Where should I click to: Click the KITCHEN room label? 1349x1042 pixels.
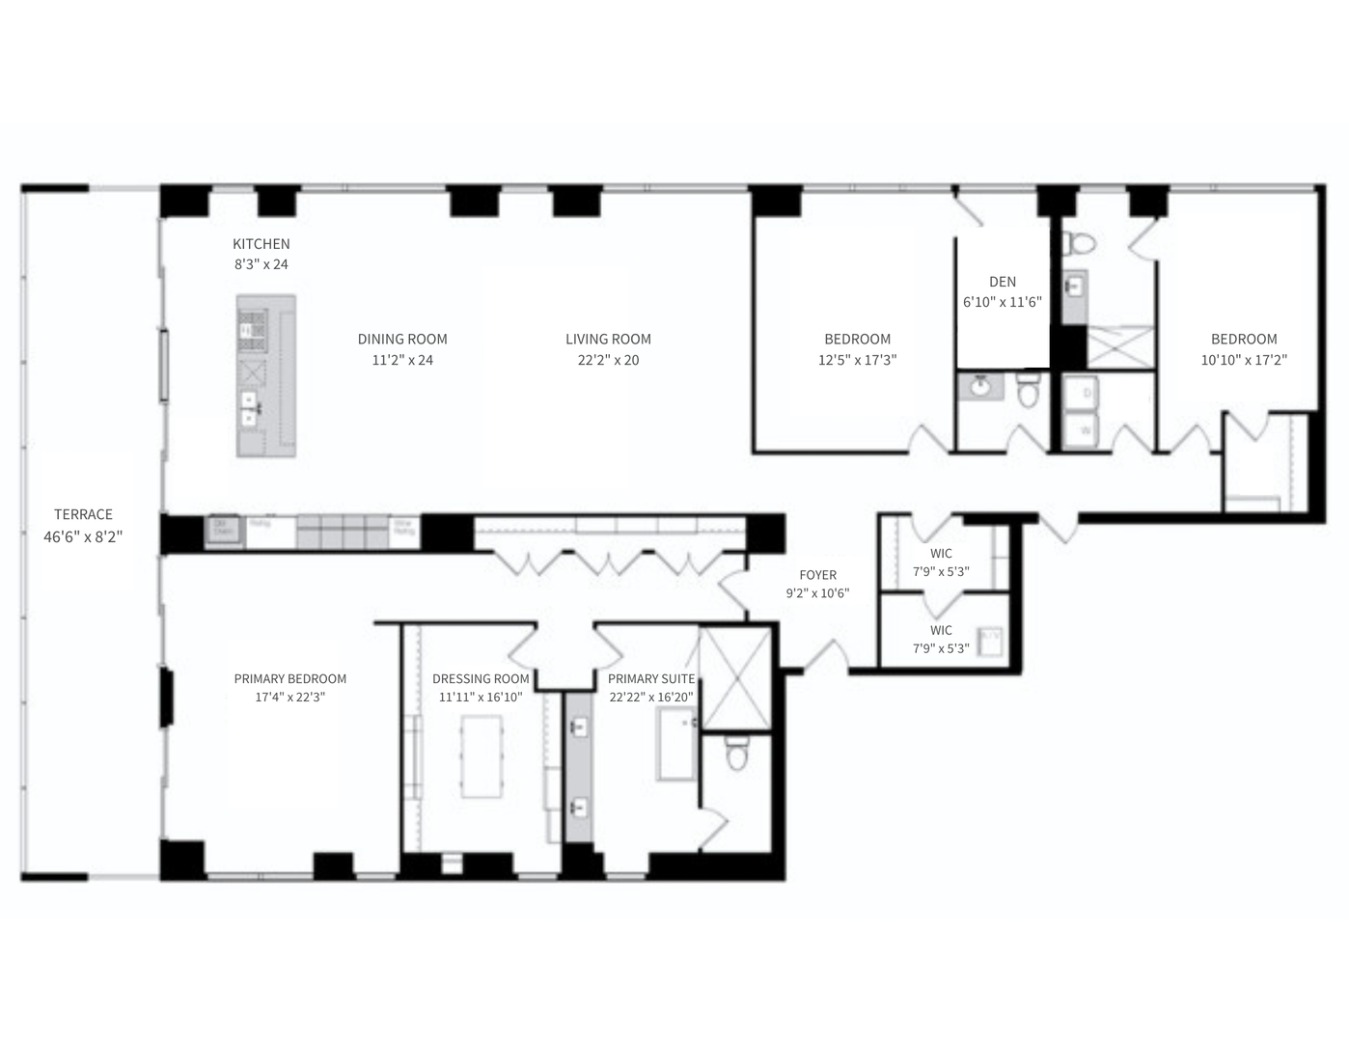pos(261,244)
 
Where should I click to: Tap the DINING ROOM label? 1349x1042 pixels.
pos(402,339)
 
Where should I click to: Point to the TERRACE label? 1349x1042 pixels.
pos(83,514)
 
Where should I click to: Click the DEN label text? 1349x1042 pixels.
pos(1003,282)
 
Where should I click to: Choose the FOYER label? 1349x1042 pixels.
pos(817,575)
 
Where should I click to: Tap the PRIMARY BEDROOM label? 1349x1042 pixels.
pos(289,678)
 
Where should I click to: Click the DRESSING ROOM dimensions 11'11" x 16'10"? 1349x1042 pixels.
pos(481,697)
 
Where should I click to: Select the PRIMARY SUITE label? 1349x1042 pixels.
pos(651,678)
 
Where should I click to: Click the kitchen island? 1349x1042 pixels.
pos(266,376)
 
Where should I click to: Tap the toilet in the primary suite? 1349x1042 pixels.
pos(737,754)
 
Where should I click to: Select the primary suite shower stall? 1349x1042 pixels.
pos(735,676)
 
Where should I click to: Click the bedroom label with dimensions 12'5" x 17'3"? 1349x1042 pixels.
pos(857,339)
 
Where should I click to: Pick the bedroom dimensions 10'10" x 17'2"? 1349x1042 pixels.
pos(1244,360)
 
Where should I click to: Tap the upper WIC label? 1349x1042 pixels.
pos(941,553)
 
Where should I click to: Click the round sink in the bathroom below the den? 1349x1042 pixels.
pos(980,387)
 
